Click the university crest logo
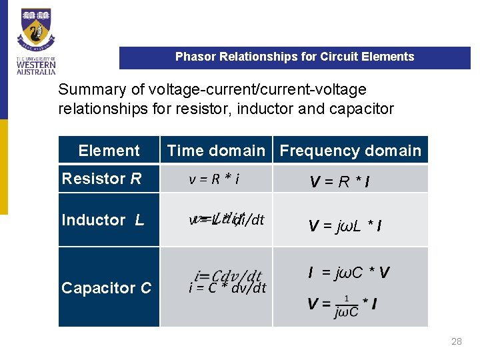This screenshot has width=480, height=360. click(x=37, y=29)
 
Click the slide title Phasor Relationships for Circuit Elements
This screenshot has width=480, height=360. click(x=295, y=57)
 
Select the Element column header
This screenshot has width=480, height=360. click(x=109, y=151)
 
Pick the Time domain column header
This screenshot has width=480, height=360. click(x=216, y=151)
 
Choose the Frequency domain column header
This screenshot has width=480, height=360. click(x=350, y=151)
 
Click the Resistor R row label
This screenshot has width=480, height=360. click(x=101, y=179)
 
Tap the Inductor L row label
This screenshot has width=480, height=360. click(x=103, y=220)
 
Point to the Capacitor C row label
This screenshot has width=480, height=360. click(x=106, y=288)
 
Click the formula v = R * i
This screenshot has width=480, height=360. click(x=215, y=179)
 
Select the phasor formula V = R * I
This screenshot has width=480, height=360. click(x=340, y=181)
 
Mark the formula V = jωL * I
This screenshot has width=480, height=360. click(x=345, y=226)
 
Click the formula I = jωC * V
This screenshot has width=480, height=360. click(x=349, y=272)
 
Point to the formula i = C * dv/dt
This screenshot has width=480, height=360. click(x=227, y=288)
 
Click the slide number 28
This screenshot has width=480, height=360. click(x=456, y=341)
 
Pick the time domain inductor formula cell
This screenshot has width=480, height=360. click(x=227, y=219)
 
